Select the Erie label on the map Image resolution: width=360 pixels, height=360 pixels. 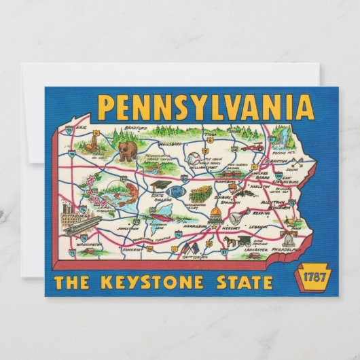[82, 128]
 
